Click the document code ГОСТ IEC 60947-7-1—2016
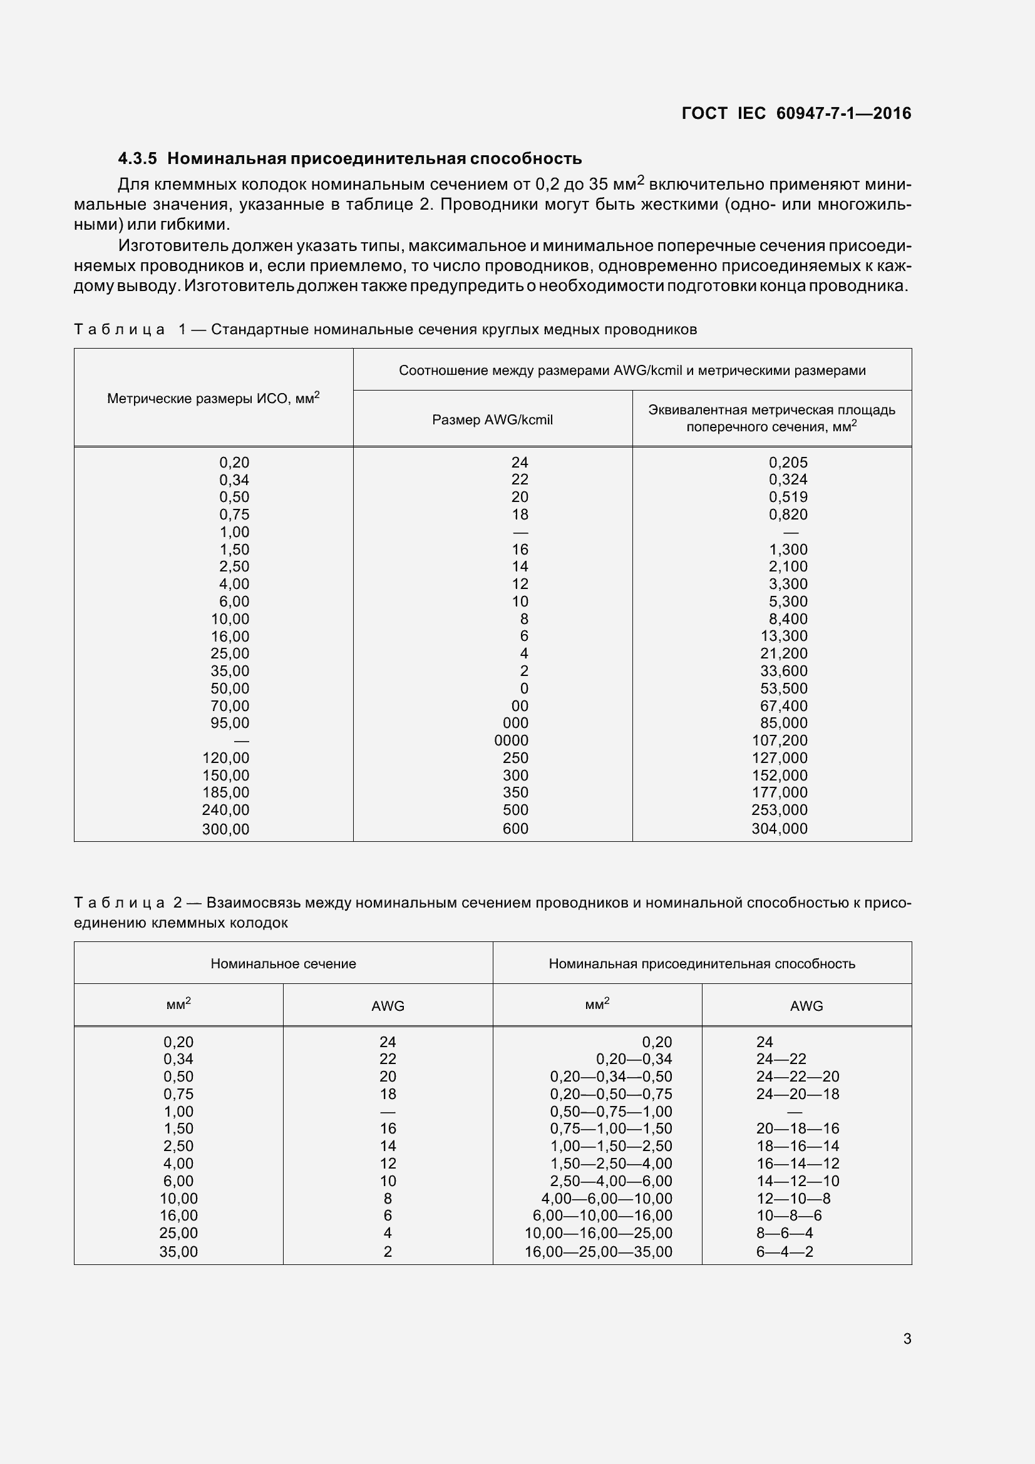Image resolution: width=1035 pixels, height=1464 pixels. point(796,113)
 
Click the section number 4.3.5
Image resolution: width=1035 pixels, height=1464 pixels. point(137,158)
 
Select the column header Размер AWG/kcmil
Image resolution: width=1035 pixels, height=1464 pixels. point(492,419)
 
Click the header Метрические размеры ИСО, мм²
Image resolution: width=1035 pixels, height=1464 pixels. point(213,399)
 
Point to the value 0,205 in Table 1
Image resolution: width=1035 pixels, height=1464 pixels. point(788,463)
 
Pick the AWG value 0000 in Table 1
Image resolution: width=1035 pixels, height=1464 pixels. point(511,740)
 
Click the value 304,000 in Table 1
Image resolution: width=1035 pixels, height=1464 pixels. point(780,828)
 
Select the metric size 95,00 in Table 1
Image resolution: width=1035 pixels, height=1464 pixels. point(230,722)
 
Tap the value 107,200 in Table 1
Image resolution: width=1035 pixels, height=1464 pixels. point(780,740)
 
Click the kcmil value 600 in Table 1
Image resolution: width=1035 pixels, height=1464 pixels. point(515,828)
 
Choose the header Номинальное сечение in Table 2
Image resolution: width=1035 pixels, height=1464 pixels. point(283,963)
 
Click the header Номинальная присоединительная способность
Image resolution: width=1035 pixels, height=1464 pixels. point(701,963)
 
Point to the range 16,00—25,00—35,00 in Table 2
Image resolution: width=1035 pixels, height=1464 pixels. point(598,1252)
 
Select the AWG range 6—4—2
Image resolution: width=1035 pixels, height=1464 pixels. point(785,1252)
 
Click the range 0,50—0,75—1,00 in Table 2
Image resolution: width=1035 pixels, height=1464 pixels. point(611,1112)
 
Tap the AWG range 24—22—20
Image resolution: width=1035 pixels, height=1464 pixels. point(797,1077)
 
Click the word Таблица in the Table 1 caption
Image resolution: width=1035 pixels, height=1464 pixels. point(119,329)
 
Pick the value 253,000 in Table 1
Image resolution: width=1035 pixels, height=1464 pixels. point(780,810)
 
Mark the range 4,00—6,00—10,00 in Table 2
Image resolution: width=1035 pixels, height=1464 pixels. point(607,1199)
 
